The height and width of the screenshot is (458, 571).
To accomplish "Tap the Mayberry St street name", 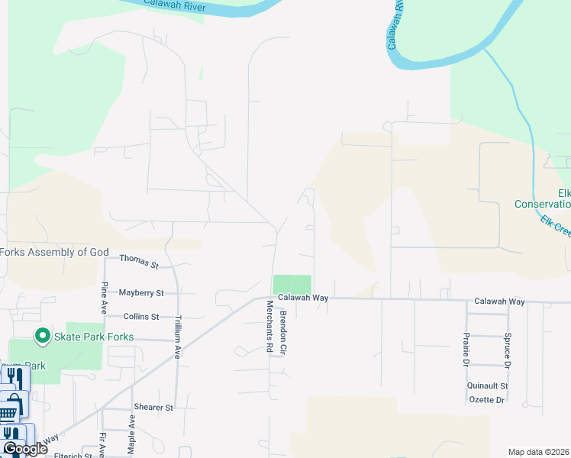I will coord(141,292).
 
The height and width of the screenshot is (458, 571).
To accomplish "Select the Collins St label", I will coord(141,316).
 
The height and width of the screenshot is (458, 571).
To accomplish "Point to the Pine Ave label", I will coord(105,297).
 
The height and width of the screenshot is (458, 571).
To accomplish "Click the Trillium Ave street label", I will coord(177,337).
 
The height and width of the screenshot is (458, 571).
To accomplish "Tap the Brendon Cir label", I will coord(283,330).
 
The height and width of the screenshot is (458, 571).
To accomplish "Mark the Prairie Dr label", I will coord(465,349).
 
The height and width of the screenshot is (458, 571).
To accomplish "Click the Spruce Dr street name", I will coord(506,349).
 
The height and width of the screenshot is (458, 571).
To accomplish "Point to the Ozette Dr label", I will coord(486,400).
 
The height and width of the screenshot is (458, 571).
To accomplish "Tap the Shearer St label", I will coord(153,408).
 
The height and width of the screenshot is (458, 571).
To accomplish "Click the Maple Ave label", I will coord(132,432).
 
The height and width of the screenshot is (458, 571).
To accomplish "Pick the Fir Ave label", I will coord(102,443).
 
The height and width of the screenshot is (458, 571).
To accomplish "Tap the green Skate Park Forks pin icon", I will coord(43,336).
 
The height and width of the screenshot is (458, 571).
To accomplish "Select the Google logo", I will coord(24,449).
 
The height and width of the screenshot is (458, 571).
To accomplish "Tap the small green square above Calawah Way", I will coord(292,283).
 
